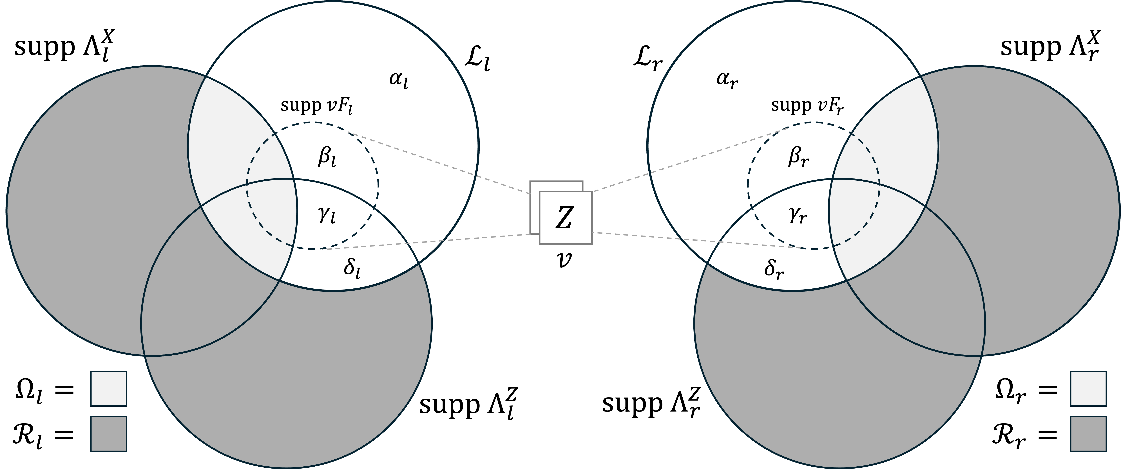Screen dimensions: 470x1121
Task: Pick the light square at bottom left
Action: click(x=108, y=388)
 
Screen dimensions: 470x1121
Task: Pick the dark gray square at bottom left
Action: click(x=108, y=434)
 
